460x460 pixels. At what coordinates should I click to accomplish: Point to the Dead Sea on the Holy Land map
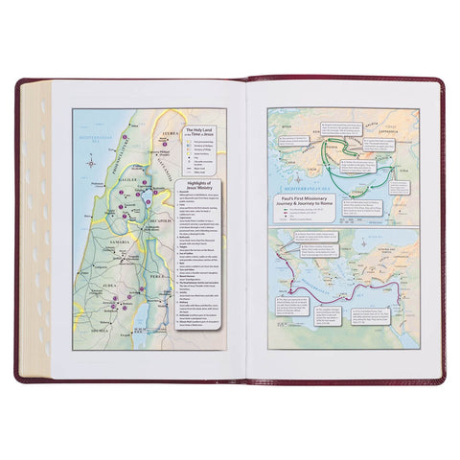coord(145,317)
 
